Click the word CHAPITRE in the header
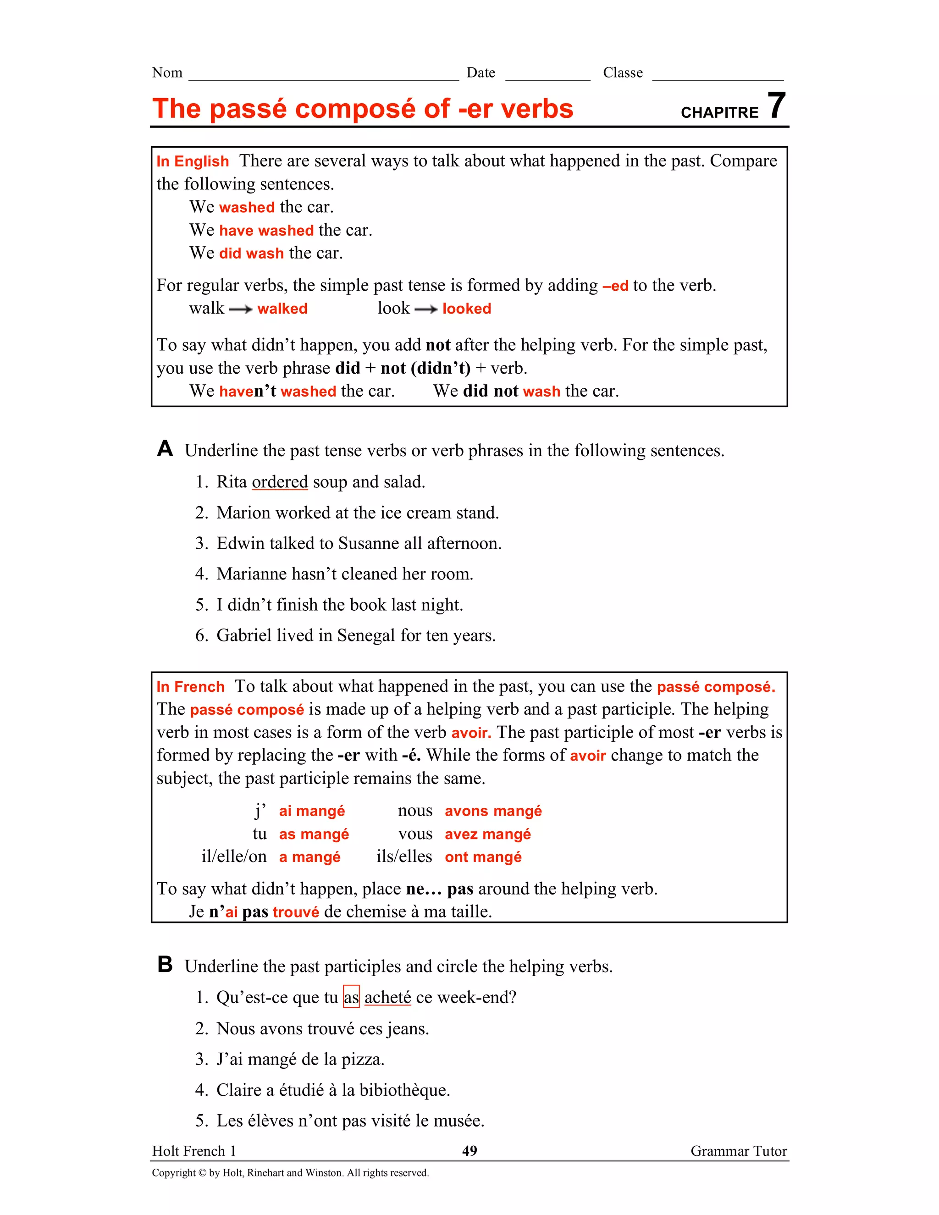(719, 113)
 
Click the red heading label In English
(193, 161)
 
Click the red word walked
(282, 309)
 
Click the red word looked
(467, 309)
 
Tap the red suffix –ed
(615, 286)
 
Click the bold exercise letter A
(165, 448)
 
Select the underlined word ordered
(280, 482)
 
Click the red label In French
(190, 687)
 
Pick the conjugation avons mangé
(493, 811)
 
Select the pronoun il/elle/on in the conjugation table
(234, 857)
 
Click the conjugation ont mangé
(483, 857)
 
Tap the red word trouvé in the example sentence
(296, 912)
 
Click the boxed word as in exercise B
(351, 998)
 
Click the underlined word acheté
(388, 998)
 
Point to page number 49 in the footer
(469, 1151)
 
